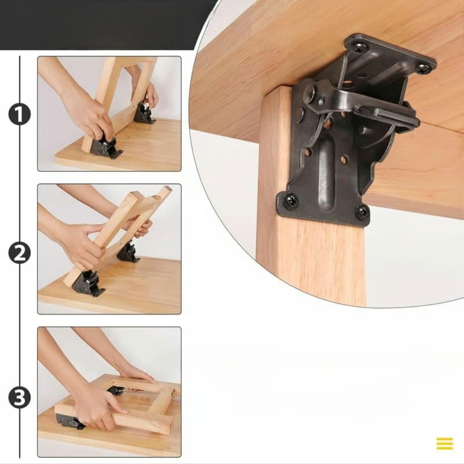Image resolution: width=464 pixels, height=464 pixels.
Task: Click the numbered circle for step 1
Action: click(19, 114)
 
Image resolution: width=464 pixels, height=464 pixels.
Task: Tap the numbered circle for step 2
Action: click(19, 254)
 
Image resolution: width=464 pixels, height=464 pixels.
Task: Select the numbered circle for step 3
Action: click(19, 397)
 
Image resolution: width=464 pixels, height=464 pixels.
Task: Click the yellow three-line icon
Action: click(445, 443)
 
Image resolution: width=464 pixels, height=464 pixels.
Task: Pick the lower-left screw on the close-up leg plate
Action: click(291, 200)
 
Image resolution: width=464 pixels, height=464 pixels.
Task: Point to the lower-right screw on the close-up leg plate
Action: click(362, 211)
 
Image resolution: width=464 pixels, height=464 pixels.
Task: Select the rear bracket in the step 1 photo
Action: click(144, 113)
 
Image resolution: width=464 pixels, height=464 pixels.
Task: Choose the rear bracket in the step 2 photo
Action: click(128, 252)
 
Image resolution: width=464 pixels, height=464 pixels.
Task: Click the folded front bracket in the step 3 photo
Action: click(70, 422)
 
